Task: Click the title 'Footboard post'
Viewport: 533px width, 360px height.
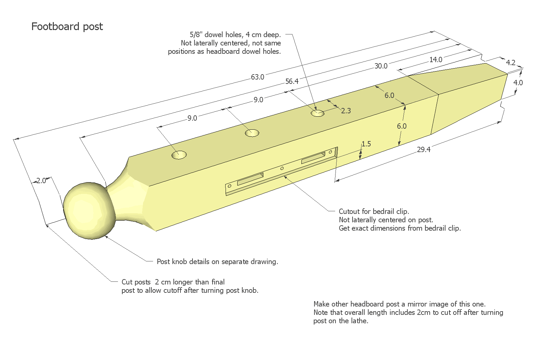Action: coord(67,26)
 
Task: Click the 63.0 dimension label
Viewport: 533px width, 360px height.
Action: coord(257,77)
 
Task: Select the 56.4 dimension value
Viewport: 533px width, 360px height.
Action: coord(292,81)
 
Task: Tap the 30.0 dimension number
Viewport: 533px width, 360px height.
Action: coord(381,66)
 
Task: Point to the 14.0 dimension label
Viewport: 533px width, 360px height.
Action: coord(435,59)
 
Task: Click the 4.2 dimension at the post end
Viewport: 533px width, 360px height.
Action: coord(511,63)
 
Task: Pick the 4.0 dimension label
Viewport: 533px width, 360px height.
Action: coord(518,82)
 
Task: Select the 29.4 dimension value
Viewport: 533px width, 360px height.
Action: coord(423,149)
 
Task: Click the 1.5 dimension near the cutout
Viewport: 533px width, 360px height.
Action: coord(366,144)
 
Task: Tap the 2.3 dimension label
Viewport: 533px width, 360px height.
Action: coord(346,111)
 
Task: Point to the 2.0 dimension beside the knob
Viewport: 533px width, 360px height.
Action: coord(41,181)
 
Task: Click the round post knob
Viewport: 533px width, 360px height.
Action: coord(89,211)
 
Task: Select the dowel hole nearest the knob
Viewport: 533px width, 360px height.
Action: coord(179,155)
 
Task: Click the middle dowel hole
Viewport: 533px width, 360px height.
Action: coord(252,133)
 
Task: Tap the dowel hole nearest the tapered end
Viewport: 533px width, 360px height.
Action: coord(317,113)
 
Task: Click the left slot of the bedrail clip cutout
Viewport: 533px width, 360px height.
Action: coord(250,178)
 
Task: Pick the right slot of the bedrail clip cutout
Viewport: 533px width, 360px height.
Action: coord(313,157)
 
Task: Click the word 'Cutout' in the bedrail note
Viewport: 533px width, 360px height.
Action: coord(349,211)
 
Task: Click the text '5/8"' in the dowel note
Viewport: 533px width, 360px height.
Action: coord(196,34)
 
